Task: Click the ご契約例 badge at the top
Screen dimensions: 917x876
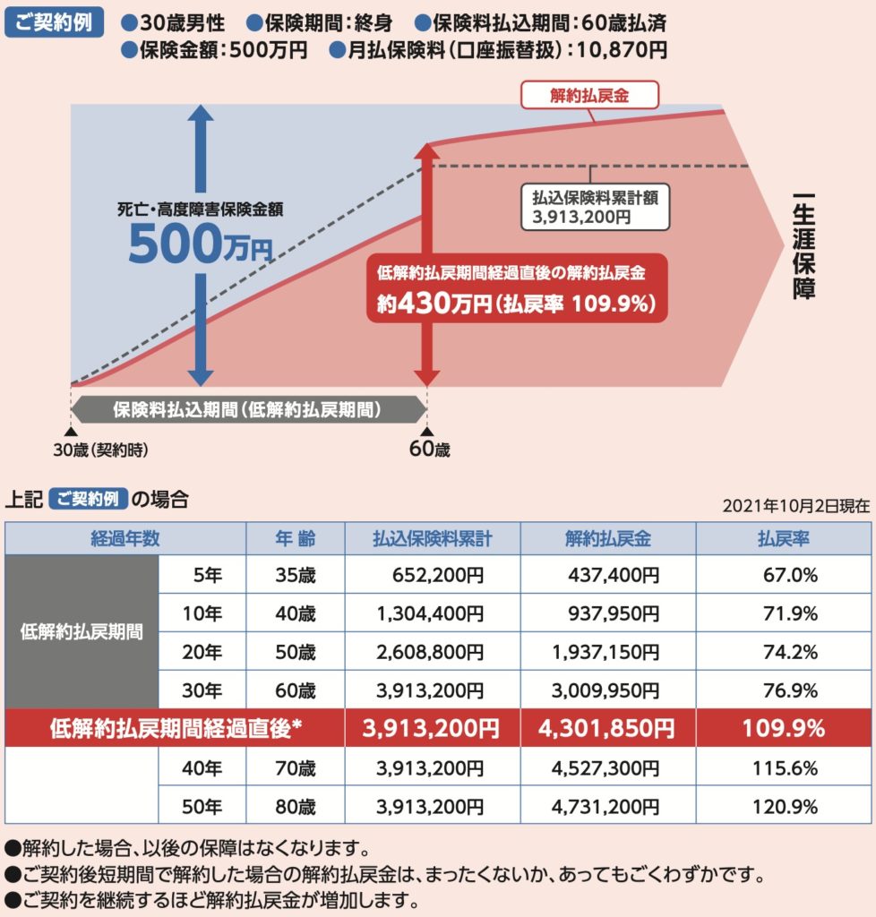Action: [x=54, y=21]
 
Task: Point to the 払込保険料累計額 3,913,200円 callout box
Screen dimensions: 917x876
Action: [x=595, y=207]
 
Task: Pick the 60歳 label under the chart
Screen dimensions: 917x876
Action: [x=429, y=450]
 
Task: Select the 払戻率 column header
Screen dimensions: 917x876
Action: [x=784, y=539]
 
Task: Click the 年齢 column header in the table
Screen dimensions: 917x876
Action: [x=296, y=539]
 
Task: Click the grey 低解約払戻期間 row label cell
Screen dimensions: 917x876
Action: [x=82, y=632]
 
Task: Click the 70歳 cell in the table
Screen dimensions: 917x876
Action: [x=296, y=767]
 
